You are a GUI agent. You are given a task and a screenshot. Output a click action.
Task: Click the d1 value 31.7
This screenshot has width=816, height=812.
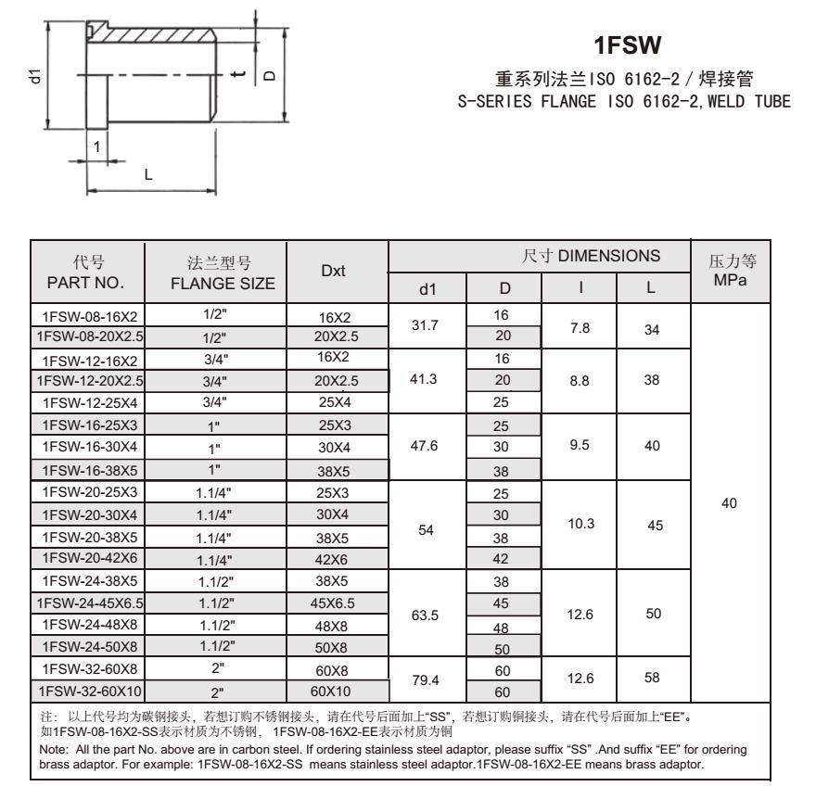(427, 324)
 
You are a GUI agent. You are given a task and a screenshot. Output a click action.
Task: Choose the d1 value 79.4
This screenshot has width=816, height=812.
(427, 680)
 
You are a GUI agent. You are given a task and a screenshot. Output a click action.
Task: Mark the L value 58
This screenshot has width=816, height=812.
(653, 679)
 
